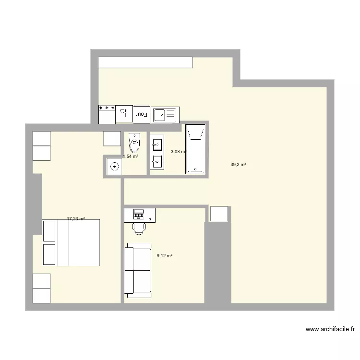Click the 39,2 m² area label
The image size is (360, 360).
pyautogui.click(x=238, y=165)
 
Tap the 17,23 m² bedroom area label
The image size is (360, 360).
pyautogui.click(x=76, y=219)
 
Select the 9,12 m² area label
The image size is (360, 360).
pyautogui.click(x=164, y=256)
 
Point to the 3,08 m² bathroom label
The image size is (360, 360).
pyautogui.click(x=178, y=152)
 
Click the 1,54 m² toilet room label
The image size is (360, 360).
pyautogui.click(x=131, y=156)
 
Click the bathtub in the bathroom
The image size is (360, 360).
pyautogui.click(x=195, y=149)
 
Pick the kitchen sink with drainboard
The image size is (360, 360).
pyautogui.click(x=165, y=115)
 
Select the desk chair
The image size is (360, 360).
pyautogui.click(x=139, y=227)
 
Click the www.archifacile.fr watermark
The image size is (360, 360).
pyautogui.click(x=330, y=329)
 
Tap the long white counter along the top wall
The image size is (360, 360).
pyautogui.click(x=145, y=62)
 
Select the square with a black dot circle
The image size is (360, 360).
pyautogui.click(x=114, y=167)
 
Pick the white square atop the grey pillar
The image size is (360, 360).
pyautogui.click(x=219, y=214)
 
